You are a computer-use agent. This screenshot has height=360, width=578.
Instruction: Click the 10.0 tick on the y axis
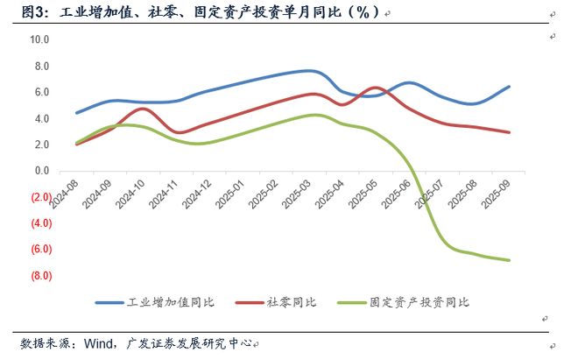(39, 39)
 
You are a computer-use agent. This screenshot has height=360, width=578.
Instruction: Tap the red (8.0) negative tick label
(39, 276)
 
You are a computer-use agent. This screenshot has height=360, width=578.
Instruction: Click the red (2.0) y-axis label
(39, 197)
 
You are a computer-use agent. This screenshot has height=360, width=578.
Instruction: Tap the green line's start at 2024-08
(77, 143)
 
